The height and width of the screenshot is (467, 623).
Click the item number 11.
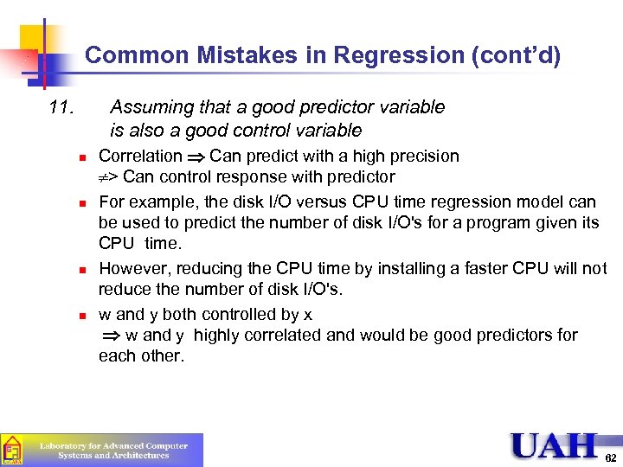click(x=62, y=107)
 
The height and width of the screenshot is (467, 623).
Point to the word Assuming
click(x=151, y=107)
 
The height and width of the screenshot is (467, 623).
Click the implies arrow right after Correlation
click(x=196, y=157)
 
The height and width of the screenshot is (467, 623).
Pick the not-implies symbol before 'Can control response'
click(x=108, y=178)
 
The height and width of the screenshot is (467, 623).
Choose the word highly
click(x=229, y=336)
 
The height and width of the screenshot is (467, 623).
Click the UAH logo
click(x=553, y=446)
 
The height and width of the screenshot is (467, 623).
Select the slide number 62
click(x=610, y=456)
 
